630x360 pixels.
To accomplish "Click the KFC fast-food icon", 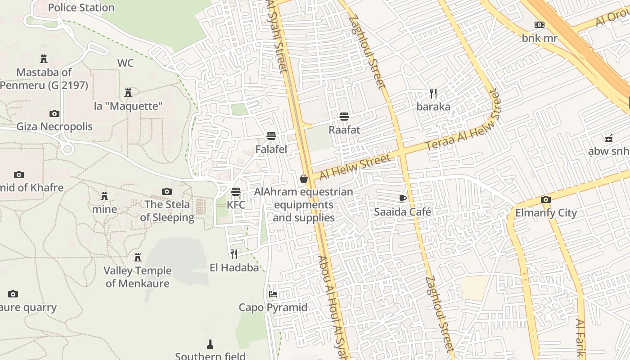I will pyautogui.click(x=235, y=192).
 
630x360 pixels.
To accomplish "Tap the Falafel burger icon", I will pyautogui.click(x=271, y=135).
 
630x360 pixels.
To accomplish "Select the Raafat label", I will pyautogui.click(x=344, y=130).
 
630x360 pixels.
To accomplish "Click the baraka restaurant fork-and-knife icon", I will pyautogui.click(x=433, y=94).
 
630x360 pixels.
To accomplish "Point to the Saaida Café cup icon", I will pyautogui.click(x=403, y=198).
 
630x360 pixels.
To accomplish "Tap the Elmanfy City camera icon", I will pyautogui.click(x=546, y=199).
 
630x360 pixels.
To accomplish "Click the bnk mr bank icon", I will pyautogui.click(x=539, y=25).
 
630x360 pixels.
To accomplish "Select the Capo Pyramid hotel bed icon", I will pyautogui.click(x=273, y=294).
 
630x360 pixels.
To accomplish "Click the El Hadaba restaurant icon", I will pyautogui.click(x=234, y=254).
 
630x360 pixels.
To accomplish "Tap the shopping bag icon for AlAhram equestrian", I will pyautogui.click(x=304, y=179).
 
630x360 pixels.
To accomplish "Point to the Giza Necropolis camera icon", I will pyautogui.click(x=54, y=113).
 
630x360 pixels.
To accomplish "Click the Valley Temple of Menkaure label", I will pyautogui.click(x=138, y=277).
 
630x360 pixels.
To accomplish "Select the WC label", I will pyautogui.click(x=126, y=63).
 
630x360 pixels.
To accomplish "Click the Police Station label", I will pyautogui.click(x=81, y=8).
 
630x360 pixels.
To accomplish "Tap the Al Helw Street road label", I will pyautogui.click(x=355, y=166).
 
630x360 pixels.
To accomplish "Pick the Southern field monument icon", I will pyautogui.click(x=210, y=344).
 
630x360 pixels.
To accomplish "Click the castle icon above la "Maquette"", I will pyautogui.click(x=128, y=93).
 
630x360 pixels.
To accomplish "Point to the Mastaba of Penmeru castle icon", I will pyautogui.click(x=44, y=59).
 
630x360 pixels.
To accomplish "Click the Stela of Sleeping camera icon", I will pyautogui.click(x=167, y=192).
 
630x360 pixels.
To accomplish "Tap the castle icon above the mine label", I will pyautogui.click(x=104, y=196).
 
